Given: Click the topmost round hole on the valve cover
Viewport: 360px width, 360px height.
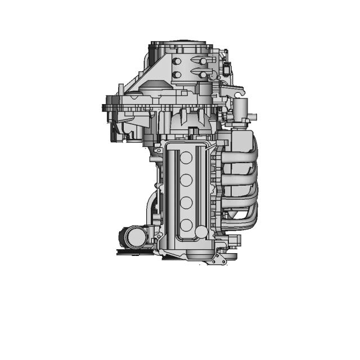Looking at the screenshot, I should pyautogui.click(x=185, y=159).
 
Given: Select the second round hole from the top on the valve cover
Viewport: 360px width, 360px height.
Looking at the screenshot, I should pyautogui.click(x=185, y=181).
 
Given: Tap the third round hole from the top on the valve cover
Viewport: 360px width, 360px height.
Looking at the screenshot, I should pyautogui.click(x=185, y=202).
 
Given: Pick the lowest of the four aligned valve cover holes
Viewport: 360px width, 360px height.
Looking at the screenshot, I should pyautogui.click(x=185, y=224).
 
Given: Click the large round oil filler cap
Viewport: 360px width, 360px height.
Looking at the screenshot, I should pyautogui.click(x=201, y=232).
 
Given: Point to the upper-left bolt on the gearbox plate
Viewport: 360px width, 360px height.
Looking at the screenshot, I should pyautogui.click(x=177, y=61).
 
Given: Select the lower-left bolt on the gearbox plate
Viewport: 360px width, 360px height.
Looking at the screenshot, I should pyautogui.click(x=177, y=74).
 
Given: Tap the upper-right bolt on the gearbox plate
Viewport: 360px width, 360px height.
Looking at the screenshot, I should pyautogui.click(x=202, y=61).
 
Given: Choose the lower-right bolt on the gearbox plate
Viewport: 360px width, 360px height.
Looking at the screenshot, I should pyautogui.click(x=202, y=74).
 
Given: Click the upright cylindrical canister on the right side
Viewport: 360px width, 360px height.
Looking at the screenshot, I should pyautogui.click(x=241, y=109).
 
